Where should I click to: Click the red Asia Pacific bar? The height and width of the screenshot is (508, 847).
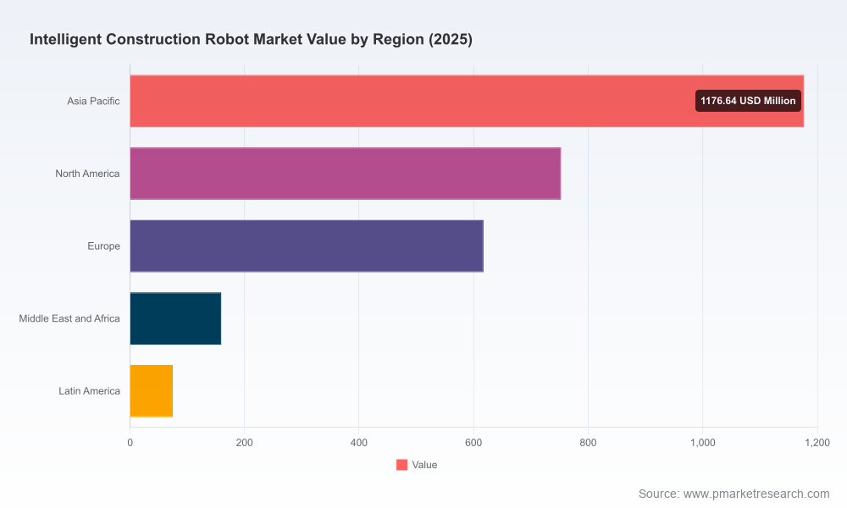tap(467, 101)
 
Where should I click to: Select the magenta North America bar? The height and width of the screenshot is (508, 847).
tap(346, 174)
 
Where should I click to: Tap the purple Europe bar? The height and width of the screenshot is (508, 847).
tap(307, 246)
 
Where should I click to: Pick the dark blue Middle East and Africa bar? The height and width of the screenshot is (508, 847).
tap(175, 318)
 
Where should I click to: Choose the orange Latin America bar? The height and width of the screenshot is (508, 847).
tap(152, 391)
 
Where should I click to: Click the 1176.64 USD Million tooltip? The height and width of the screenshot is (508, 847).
tap(748, 101)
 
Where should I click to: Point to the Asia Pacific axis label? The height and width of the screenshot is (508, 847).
tap(93, 101)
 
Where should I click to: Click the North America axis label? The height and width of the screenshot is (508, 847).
tap(87, 174)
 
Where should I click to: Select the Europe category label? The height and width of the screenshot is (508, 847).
tap(103, 246)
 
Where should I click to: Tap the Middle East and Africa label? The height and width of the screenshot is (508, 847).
tap(69, 318)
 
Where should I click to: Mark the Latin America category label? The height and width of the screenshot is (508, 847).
tap(89, 391)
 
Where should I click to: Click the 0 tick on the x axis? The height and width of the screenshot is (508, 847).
tap(130, 443)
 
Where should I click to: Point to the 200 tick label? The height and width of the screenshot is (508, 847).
tap(244, 443)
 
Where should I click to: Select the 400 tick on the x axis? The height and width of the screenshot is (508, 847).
tap(358, 443)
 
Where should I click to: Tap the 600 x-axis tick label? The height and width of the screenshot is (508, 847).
tap(473, 443)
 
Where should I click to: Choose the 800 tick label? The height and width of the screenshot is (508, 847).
tap(589, 443)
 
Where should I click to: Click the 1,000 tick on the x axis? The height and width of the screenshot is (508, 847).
tap(703, 443)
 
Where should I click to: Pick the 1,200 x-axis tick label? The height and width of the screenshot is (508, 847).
tap(817, 443)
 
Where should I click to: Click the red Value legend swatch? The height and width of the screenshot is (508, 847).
tap(401, 465)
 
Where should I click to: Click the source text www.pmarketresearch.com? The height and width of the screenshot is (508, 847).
tap(756, 494)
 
